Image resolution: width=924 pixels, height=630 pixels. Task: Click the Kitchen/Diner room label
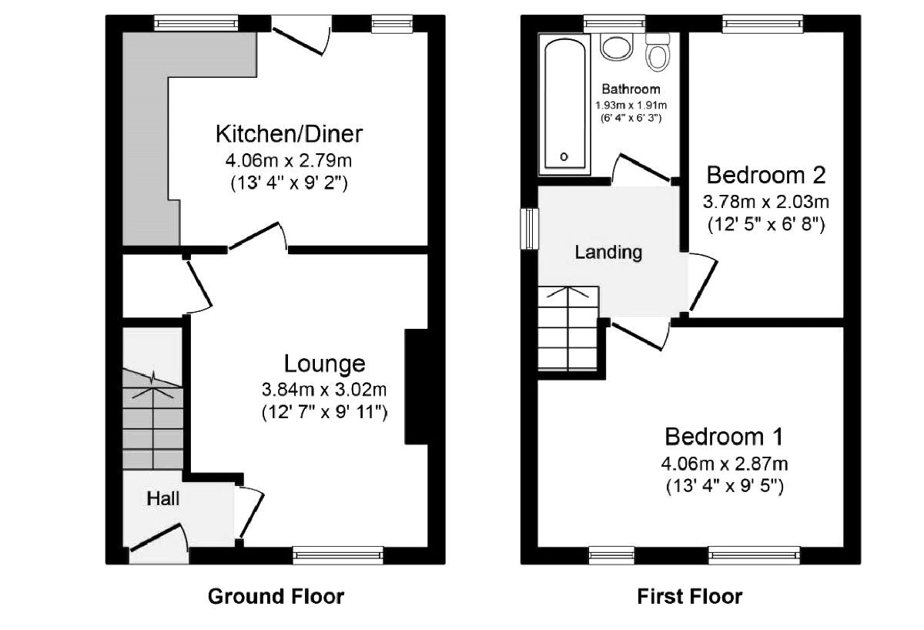click(288, 134)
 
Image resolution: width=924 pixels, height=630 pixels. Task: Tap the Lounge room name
click(324, 364)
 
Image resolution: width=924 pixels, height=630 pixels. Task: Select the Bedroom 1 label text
click(724, 437)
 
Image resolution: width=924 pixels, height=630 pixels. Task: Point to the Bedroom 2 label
click(765, 175)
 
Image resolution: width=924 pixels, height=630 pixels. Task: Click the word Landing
click(608, 252)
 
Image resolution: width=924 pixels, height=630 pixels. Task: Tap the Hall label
click(163, 498)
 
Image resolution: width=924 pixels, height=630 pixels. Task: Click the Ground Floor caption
click(276, 595)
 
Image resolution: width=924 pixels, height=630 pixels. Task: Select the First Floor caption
click(689, 595)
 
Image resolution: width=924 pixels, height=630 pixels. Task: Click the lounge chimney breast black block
click(416, 387)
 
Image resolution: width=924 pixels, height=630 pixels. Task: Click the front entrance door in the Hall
click(158, 539)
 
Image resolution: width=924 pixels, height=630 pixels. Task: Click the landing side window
click(529, 228)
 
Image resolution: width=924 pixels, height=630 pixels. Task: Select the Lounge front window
click(338, 552)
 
